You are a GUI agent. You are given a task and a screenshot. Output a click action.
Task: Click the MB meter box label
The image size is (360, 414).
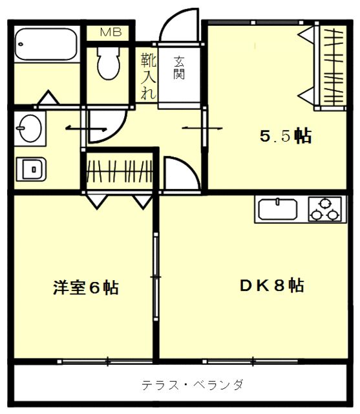click(x=111, y=32)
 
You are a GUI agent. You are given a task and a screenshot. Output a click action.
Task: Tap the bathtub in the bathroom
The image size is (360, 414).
click(x=46, y=44)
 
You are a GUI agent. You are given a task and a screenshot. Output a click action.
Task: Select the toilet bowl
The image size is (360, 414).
click(x=109, y=63)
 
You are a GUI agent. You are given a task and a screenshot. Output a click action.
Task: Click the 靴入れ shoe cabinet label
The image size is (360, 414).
click(x=148, y=76)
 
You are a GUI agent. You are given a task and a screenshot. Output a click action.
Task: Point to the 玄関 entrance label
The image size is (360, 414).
click(x=179, y=67)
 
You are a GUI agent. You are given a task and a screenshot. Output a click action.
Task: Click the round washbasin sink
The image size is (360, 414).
click(x=30, y=129)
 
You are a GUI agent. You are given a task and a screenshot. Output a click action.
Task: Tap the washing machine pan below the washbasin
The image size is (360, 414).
click(x=31, y=169)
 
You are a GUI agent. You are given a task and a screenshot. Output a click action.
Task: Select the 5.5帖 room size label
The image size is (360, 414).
click(x=286, y=136)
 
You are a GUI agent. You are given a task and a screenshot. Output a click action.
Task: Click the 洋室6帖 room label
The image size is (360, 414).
click(x=86, y=287)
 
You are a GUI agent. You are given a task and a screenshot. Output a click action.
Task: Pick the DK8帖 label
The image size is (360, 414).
click(x=271, y=285)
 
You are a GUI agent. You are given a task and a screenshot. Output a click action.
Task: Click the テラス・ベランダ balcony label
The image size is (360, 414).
click(x=192, y=385)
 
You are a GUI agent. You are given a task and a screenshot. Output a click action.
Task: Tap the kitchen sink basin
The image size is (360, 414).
click(x=278, y=209)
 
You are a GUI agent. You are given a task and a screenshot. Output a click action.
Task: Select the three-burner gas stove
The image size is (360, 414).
click(x=324, y=209)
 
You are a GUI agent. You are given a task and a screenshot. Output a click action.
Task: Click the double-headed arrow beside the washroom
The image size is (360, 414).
click(x=86, y=129)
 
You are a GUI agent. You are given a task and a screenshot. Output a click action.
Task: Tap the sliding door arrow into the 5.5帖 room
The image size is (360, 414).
click(x=202, y=128)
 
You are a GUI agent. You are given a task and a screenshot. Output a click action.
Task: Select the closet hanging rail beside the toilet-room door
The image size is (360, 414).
click(x=120, y=171)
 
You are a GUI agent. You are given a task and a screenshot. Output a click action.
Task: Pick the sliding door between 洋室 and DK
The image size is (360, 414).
click(x=156, y=277)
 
